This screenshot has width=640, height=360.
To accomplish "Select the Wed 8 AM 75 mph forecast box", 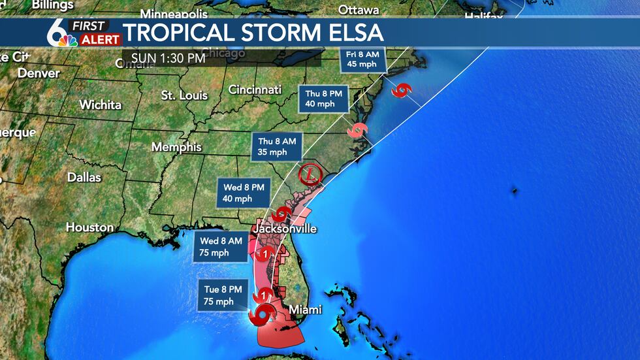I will pos(221,246).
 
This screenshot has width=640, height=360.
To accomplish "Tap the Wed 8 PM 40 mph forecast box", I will pos(243,193).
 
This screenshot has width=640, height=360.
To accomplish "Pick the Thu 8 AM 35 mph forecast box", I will pos(277,147).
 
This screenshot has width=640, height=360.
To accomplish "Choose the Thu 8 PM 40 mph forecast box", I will pos(324,98).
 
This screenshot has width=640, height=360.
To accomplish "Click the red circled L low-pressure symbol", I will pos(310,175).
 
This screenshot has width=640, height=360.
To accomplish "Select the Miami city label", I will pos(307,309).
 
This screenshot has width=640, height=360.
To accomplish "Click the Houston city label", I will pos(89,227).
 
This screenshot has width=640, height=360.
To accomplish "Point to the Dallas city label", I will pos(84,177).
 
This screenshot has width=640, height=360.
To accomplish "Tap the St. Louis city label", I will pos(184,95).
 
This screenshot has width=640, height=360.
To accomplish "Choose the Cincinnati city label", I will pos(255,90).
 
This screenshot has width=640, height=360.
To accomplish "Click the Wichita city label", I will pos(100,105).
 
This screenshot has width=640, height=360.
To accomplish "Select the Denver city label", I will pos(39,73).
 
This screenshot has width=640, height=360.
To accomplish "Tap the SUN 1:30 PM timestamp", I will pos(168,57).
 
